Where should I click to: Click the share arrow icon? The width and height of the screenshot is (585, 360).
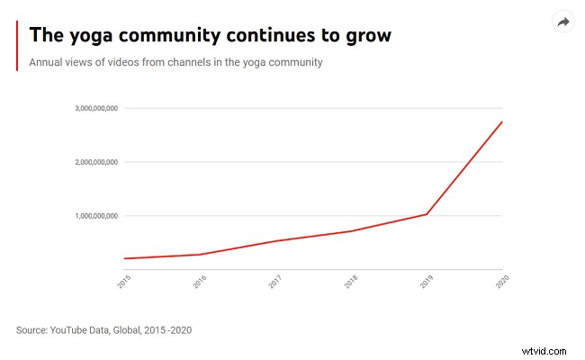pyautogui.click(x=563, y=22)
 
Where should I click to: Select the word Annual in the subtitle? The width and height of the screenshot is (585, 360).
pyautogui.click(x=48, y=62)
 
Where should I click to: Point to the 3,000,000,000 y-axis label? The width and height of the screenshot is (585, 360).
pyautogui.click(x=96, y=108)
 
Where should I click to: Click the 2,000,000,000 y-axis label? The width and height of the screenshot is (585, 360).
pyautogui.click(x=96, y=162)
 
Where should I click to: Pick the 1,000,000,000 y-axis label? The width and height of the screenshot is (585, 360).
pyautogui.click(x=96, y=216)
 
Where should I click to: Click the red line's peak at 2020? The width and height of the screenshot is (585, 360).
pyautogui.click(x=501, y=121)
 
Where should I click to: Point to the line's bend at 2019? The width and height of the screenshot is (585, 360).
pyautogui.click(x=427, y=214)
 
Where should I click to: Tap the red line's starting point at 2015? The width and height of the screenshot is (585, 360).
pyautogui.click(x=124, y=258)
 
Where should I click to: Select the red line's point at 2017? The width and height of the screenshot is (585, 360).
pyautogui.click(x=275, y=240)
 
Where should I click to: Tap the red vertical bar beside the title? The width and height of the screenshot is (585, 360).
pyautogui.click(x=17, y=45)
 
